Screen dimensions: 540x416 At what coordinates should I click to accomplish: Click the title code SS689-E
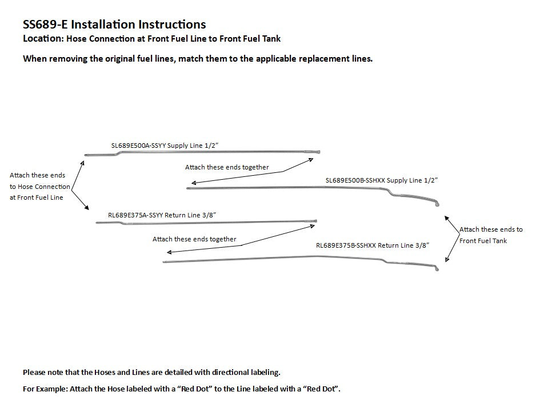tap(45, 25)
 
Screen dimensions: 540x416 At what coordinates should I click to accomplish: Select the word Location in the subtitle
tap(42, 38)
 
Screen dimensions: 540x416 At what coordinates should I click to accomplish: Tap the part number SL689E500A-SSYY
tap(138, 146)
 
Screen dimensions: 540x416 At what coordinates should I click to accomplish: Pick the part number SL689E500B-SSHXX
tap(355, 180)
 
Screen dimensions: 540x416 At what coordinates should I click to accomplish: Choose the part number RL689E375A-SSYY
tap(135, 215)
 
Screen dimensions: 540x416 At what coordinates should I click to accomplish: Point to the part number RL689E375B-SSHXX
tap(346, 245)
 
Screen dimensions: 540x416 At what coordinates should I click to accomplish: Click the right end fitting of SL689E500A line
tap(318, 152)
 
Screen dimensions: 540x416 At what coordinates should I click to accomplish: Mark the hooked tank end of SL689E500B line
tap(437, 204)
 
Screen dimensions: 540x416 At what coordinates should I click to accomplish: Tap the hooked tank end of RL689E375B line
tap(437, 268)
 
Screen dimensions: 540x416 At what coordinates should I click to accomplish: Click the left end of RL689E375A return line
tap(97, 223)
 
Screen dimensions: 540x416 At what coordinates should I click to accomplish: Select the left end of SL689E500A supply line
tap(86, 155)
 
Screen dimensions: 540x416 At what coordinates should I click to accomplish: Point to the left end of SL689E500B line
tap(187, 188)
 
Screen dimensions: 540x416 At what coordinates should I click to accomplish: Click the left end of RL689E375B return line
tap(164, 262)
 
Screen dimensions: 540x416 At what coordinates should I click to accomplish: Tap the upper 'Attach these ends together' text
tap(227, 167)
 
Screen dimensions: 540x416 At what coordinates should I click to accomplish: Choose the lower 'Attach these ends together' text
tap(194, 239)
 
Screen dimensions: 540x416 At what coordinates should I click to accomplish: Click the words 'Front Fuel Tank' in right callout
tap(483, 241)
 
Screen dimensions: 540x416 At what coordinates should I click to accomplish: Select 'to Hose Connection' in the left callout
tap(39, 187)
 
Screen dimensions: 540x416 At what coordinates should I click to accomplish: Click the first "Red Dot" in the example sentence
tap(195, 389)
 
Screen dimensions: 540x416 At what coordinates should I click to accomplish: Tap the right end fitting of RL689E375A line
tap(315, 221)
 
